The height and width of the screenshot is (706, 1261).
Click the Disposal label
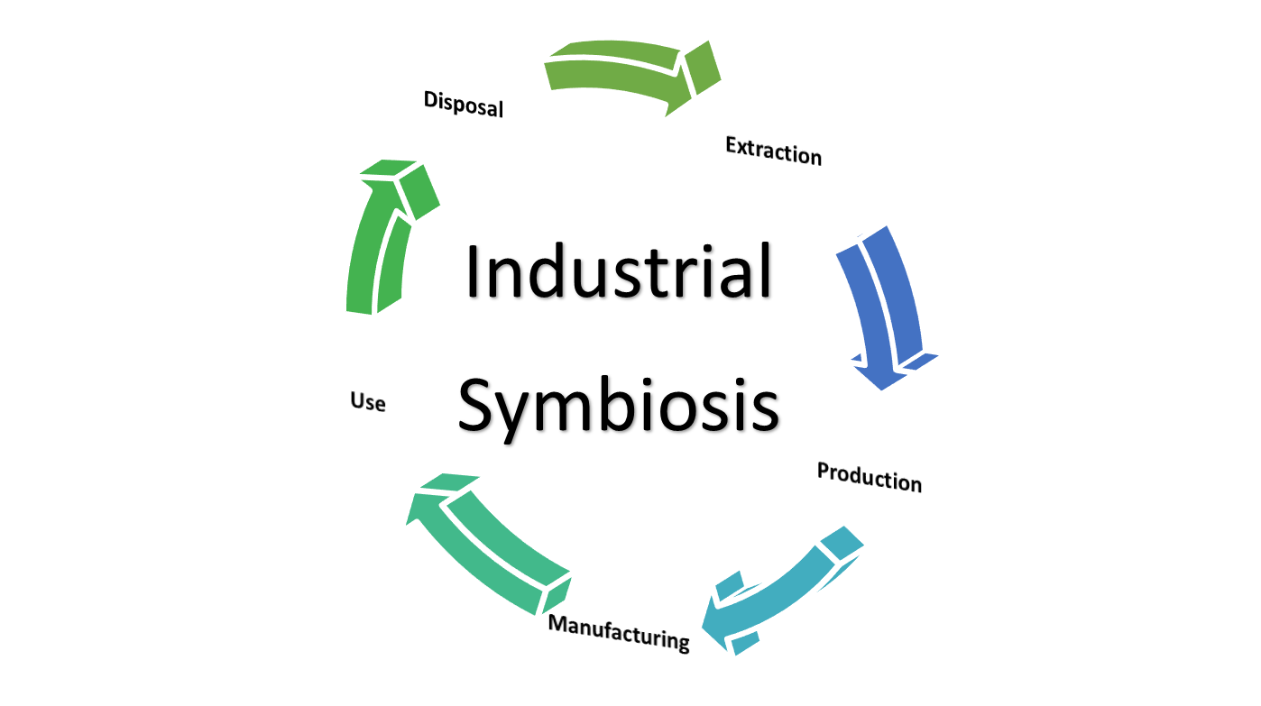[x=463, y=104]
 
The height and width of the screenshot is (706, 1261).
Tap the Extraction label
[x=773, y=151]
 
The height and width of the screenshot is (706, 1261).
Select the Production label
[x=869, y=476]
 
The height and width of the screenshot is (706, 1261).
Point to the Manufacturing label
[x=619, y=632]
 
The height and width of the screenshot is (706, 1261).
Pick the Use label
[x=368, y=401]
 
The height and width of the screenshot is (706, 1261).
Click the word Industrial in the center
[x=619, y=271]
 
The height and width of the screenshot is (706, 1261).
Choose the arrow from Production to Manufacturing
[x=785, y=591]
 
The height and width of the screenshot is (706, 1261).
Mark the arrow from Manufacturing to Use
[x=487, y=541]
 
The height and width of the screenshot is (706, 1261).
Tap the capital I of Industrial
[x=474, y=271]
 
